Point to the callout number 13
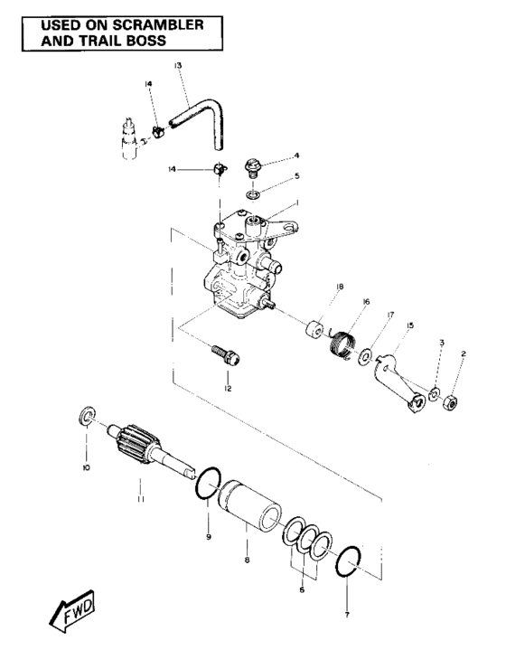coord(178,66)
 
